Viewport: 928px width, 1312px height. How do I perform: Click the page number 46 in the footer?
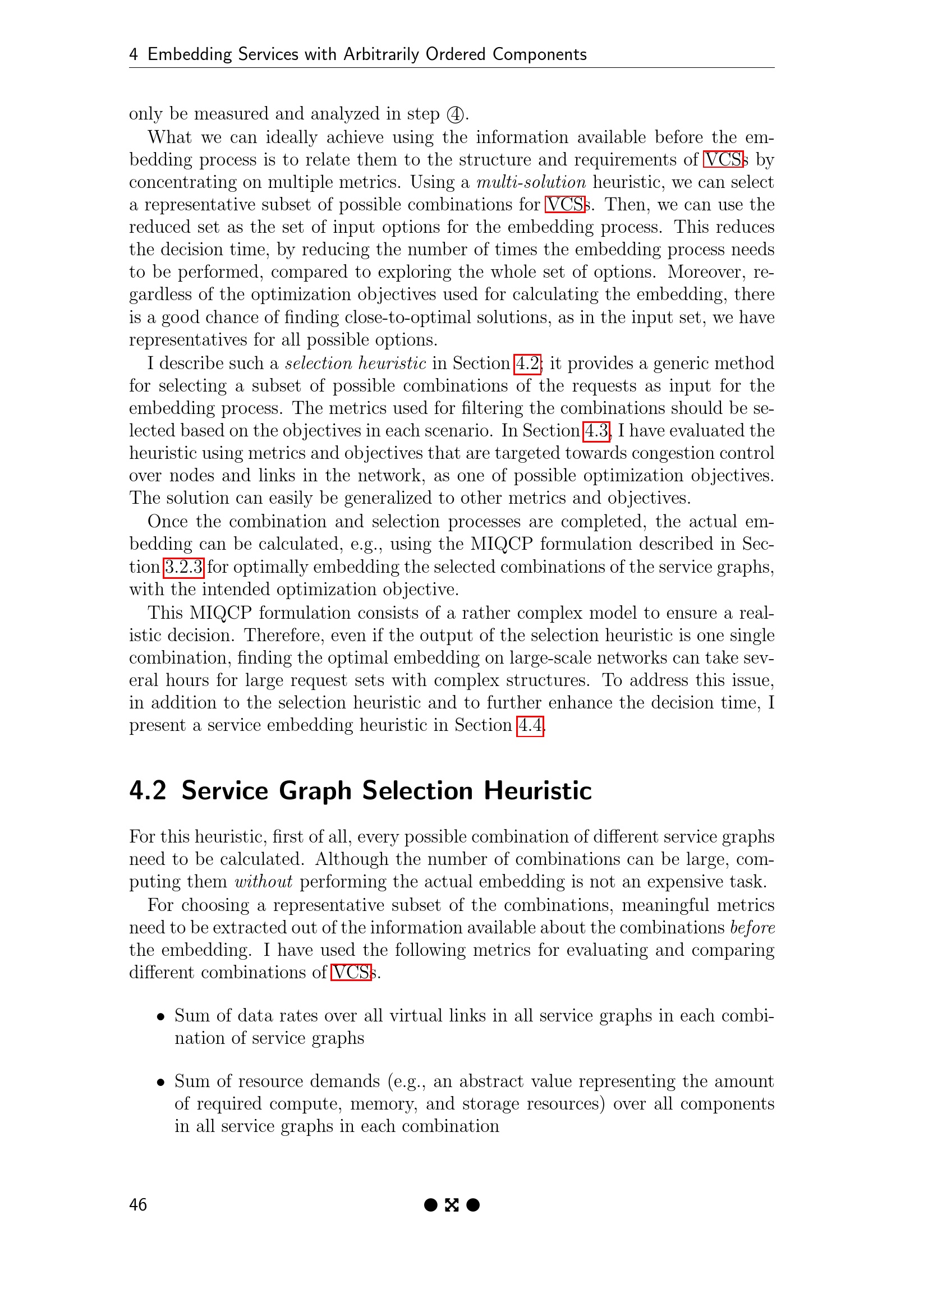click(137, 1204)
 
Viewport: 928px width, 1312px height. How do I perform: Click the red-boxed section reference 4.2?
click(527, 363)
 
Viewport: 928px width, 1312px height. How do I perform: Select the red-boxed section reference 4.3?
click(596, 430)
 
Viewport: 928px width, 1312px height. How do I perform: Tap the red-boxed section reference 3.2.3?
click(183, 567)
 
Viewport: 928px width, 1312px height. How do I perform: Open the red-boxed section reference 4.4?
click(530, 725)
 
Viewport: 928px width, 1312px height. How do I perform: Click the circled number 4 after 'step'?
click(455, 114)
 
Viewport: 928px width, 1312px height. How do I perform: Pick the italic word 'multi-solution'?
click(531, 182)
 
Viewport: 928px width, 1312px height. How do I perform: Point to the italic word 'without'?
click(264, 881)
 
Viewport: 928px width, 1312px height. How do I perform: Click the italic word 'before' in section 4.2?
click(752, 927)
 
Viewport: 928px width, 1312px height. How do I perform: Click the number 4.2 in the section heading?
click(148, 791)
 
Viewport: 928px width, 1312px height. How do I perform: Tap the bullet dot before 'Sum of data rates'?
click(161, 1017)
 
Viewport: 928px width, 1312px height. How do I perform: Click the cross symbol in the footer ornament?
click(452, 1205)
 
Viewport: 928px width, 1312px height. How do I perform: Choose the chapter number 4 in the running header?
click(134, 54)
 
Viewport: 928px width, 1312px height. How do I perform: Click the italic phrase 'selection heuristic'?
click(355, 363)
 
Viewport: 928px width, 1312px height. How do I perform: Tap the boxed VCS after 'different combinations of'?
click(351, 972)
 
